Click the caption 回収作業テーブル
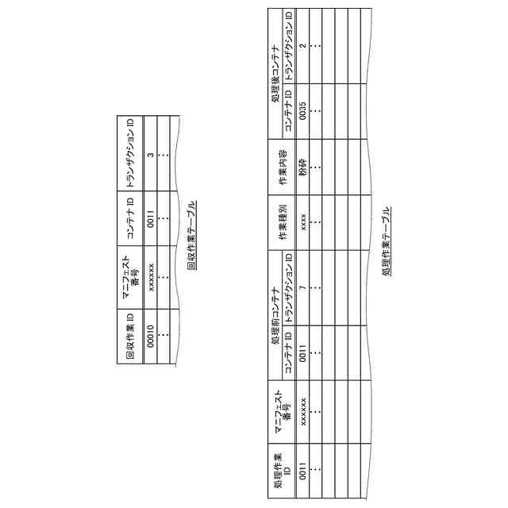(x=192, y=235)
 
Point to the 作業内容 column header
(x=283, y=167)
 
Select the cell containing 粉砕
(x=302, y=167)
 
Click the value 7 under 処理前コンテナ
(x=302, y=279)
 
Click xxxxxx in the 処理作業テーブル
(x=302, y=410)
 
